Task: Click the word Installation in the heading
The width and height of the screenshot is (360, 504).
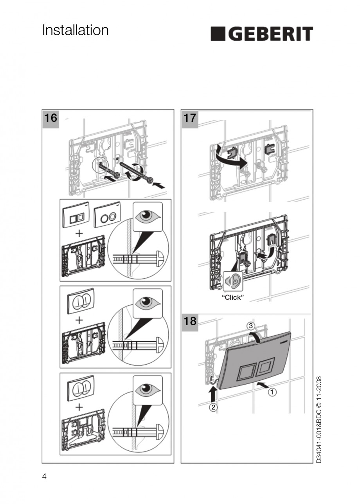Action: (75, 30)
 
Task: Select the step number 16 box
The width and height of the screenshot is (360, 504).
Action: (50, 118)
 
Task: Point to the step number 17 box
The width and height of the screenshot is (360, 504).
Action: (189, 118)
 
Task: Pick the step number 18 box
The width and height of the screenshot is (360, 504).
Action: (189, 321)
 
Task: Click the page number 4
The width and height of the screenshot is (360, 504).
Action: (44, 476)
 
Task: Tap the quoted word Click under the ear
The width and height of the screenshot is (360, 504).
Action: (232, 298)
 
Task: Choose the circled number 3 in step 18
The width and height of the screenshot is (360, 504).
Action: (251, 326)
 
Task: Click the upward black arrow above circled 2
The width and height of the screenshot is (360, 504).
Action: (213, 393)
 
